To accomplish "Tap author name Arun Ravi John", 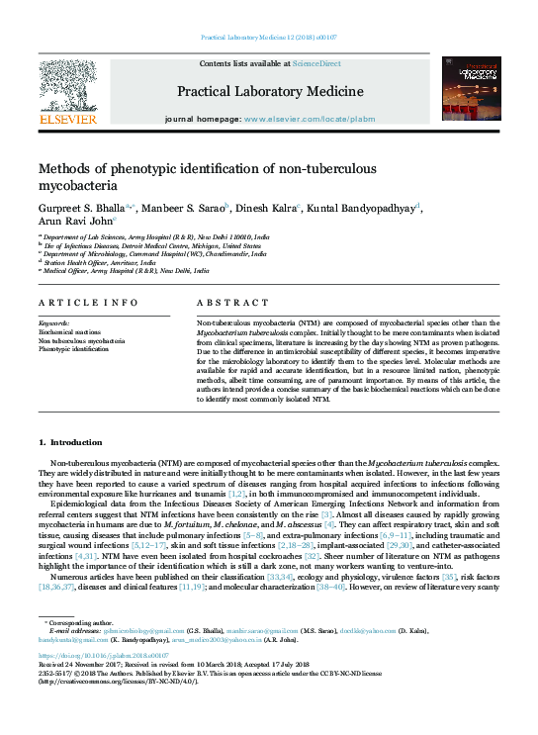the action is [69, 223].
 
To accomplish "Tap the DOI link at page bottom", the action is [95, 656].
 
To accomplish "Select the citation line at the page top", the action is [269, 37].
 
